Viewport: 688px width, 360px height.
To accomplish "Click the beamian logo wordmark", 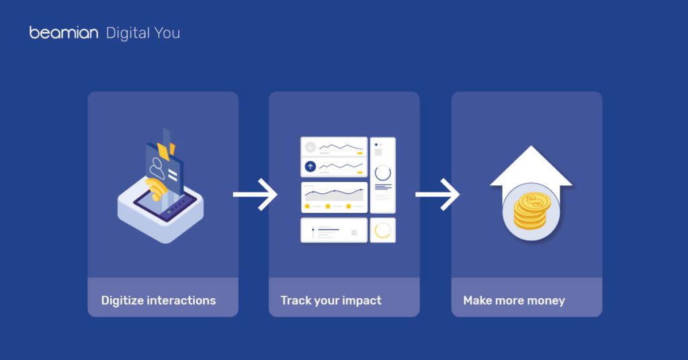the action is (x=64, y=33).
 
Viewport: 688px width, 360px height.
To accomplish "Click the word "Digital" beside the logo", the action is (x=128, y=34).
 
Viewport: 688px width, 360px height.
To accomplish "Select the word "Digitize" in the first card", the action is (x=122, y=300).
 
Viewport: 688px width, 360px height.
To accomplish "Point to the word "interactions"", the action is (x=181, y=300).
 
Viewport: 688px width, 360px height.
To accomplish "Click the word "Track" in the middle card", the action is (x=295, y=300).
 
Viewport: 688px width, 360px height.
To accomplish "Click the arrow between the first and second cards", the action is (x=255, y=194).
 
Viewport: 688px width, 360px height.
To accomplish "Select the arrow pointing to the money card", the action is (x=437, y=194).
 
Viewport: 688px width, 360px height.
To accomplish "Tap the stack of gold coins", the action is (x=531, y=210).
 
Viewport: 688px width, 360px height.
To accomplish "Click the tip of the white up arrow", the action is (x=531, y=146).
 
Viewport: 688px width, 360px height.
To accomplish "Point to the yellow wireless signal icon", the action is (x=156, y=189).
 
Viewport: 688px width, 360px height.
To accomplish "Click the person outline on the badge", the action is (x=157, y=168).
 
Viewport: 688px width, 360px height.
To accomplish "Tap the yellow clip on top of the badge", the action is (x=167, y=151).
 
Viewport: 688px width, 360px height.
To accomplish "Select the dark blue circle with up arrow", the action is (x=310, y=167).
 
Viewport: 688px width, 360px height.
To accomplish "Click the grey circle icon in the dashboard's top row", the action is (x=310, y=147).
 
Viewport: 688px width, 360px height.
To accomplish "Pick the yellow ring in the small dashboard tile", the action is (x=382, y=230).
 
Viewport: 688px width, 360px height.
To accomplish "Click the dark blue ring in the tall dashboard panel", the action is (x=382, y=173).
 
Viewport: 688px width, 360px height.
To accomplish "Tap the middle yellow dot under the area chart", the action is (x=328, y=206).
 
